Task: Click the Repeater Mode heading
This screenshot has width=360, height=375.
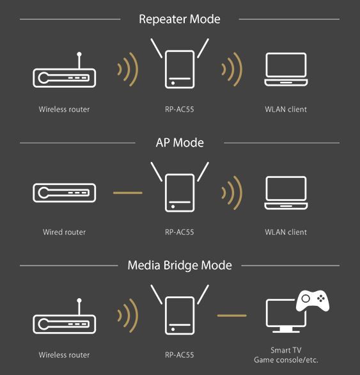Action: tap(180, 19)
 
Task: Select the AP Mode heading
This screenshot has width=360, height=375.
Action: tap(180, 143)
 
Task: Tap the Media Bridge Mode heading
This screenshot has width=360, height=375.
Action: tap(180, 266)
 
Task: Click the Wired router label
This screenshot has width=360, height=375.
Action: tap(65, 232)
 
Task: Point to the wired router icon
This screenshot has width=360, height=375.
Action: tap(65, 193)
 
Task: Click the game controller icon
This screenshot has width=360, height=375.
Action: tap(313, 301)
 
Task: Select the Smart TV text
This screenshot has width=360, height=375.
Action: tap(286, 350)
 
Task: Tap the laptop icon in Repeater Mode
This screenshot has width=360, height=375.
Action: tap(286, 69)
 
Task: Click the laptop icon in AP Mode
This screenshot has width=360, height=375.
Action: tap(286, 193)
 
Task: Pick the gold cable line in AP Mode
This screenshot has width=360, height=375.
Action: tap(128, 193)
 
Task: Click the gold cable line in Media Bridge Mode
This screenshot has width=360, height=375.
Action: tap(231, 315)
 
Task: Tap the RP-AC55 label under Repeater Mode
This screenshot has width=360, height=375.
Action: tap(180, 109)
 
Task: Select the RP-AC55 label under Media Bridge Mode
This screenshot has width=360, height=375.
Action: tap(180, 355)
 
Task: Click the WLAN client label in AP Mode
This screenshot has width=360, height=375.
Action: tap(286, 232)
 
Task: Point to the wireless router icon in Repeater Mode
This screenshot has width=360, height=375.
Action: tap(65, 70)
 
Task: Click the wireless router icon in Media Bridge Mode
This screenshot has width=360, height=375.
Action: tap(65, 316)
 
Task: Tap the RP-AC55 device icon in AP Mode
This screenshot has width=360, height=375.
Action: tap(180, 187)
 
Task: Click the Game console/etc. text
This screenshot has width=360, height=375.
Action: tap(286, 360)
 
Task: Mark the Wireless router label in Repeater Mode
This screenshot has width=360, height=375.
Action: tap(65, 109)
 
